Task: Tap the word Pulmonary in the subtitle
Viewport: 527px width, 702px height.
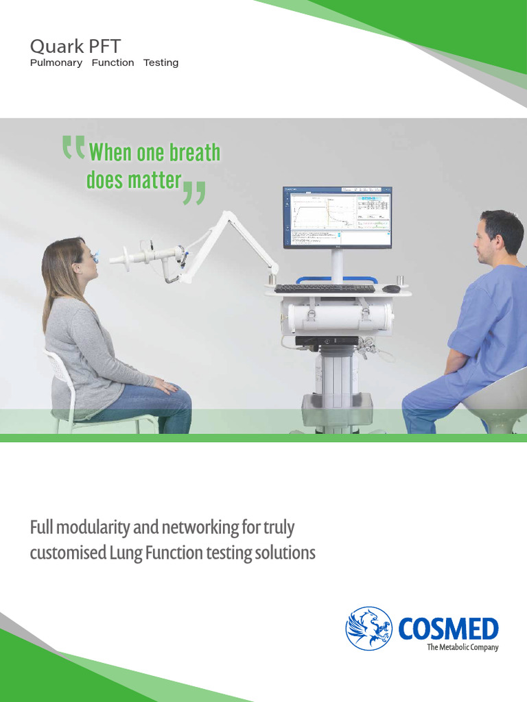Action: pyautogui.click(x=56, y=63)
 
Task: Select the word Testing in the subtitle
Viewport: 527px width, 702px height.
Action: pyautogui.click(x=161, y=63)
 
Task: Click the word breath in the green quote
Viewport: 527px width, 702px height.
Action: pyautogui.click(x=193, y=152)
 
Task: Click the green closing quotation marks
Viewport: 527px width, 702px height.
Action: pyautogui.click(x=194, y=193)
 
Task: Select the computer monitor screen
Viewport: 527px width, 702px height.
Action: pyautogui.click(x=338, y=217)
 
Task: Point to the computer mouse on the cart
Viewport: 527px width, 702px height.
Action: pyautogui.click(x=391, y=289)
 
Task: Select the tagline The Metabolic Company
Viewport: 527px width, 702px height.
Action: pyautogui.click(x=462, y=647)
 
